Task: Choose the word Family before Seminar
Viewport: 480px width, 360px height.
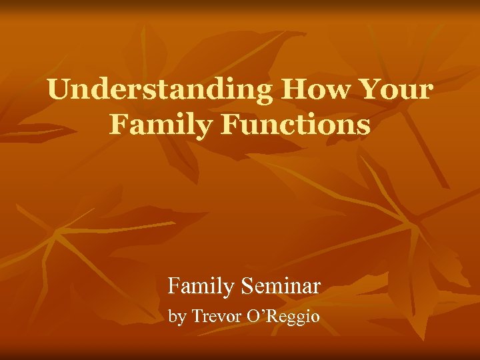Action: pyautogui.click(x=201, y=287)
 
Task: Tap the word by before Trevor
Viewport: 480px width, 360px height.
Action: pyautogui.click(x=177, y=317)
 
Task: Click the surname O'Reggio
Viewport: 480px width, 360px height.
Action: pyautogui.click(x=283, y=317)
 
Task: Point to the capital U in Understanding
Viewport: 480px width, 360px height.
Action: pyautogui.click(x=59, y=89)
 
